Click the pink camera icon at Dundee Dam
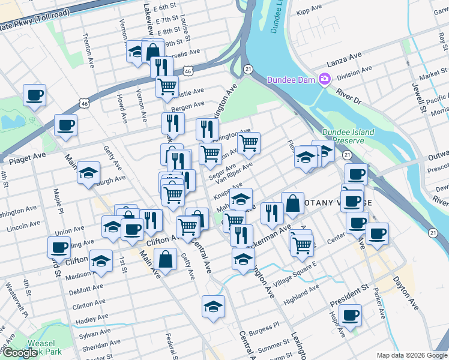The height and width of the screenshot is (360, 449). click(325, 79)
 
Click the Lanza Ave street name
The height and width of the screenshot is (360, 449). click(344, 59)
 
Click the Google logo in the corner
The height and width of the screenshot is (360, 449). click(20, 353)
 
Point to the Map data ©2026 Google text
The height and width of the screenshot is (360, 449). click(411, 355)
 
